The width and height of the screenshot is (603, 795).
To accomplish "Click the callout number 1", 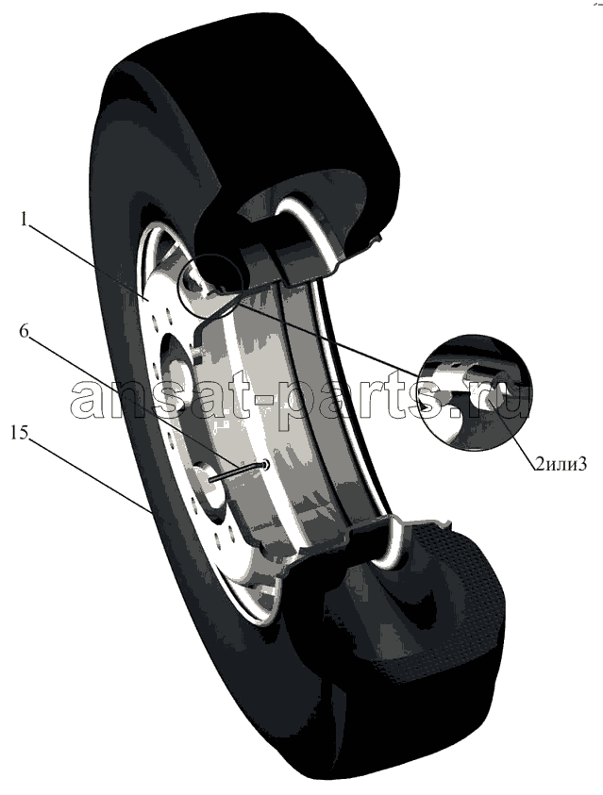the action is [x=24, y=220].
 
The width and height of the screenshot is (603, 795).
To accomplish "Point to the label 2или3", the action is [x=560, y=462].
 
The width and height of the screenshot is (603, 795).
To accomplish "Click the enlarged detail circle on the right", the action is [x=476, y=392].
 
